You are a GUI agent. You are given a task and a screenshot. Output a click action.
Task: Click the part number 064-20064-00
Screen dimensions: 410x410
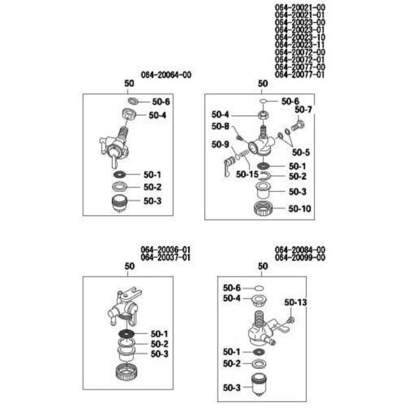tap(166, 75)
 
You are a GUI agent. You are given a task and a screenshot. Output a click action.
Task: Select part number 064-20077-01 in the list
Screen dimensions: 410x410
tap(299, 75)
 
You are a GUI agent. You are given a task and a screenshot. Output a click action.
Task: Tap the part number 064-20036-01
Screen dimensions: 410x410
tap(165, 250)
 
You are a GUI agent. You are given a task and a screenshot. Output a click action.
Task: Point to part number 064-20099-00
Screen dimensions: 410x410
tap(300, 258)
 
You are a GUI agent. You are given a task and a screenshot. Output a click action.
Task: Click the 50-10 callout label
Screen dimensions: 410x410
tap(299, 209)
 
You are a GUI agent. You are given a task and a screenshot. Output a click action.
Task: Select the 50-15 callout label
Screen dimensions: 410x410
tap(247, 174)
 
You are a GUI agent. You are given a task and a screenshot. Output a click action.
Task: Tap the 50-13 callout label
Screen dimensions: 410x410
tap(296, 302)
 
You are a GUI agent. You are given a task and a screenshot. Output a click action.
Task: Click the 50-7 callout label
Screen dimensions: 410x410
tap(303, 110)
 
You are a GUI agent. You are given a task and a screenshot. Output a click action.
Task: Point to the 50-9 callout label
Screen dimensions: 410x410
tap(220, 144)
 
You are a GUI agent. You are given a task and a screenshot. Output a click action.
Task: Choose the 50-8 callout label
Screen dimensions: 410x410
tap(220, 127)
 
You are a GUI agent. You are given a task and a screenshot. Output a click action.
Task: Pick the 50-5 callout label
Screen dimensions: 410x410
tap(301, 152)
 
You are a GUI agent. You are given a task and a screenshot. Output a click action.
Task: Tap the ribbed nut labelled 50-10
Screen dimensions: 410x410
tap(263, 209)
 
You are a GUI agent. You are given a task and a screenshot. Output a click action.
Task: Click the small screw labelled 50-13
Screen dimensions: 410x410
tap(291, 319)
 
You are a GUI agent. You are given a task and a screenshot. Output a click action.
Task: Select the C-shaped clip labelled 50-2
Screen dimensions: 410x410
tap(264, 176)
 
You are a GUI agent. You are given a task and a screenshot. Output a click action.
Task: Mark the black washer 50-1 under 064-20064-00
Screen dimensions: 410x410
tap(119, 174)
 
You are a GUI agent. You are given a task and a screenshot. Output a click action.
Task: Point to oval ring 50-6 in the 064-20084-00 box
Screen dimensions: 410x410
tap(259, 288)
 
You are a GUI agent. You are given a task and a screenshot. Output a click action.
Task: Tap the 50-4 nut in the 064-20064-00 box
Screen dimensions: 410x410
tap(129, 114)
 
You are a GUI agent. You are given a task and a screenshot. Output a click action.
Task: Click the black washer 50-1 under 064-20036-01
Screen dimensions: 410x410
tap(126, 334)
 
